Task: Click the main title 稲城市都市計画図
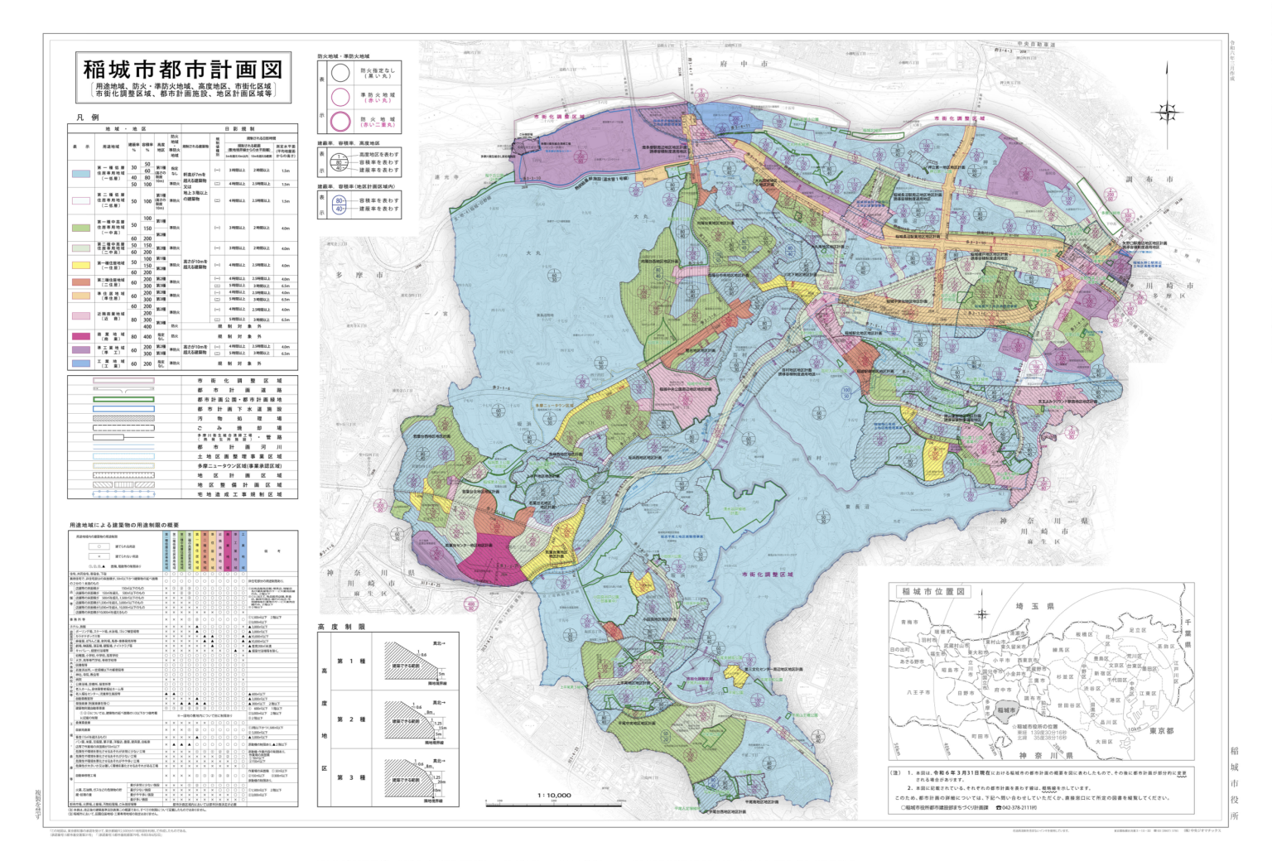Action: (x=183, y=69)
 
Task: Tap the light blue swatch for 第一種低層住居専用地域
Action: (x=81, y=176)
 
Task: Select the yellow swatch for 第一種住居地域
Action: (x=81, y=265)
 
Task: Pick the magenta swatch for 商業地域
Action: (x=81, y=336)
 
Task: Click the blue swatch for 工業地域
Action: (x=81, y=363)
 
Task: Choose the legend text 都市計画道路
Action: (x=239, y=390)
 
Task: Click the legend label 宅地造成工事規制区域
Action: (x=239, y=494)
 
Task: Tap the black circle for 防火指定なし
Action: (x=340, y=73)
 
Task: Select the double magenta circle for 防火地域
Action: (x=340, y=122)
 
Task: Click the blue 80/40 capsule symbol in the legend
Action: (x=339, y=204)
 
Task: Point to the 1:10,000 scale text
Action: (x=554, y=796)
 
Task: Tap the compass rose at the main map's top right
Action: (x=1168, y=111)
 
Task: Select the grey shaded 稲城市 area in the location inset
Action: (x=1005, y=710)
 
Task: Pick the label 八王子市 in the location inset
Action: (x=918, y=692)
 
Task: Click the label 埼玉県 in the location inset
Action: (x=1030, y=606)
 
